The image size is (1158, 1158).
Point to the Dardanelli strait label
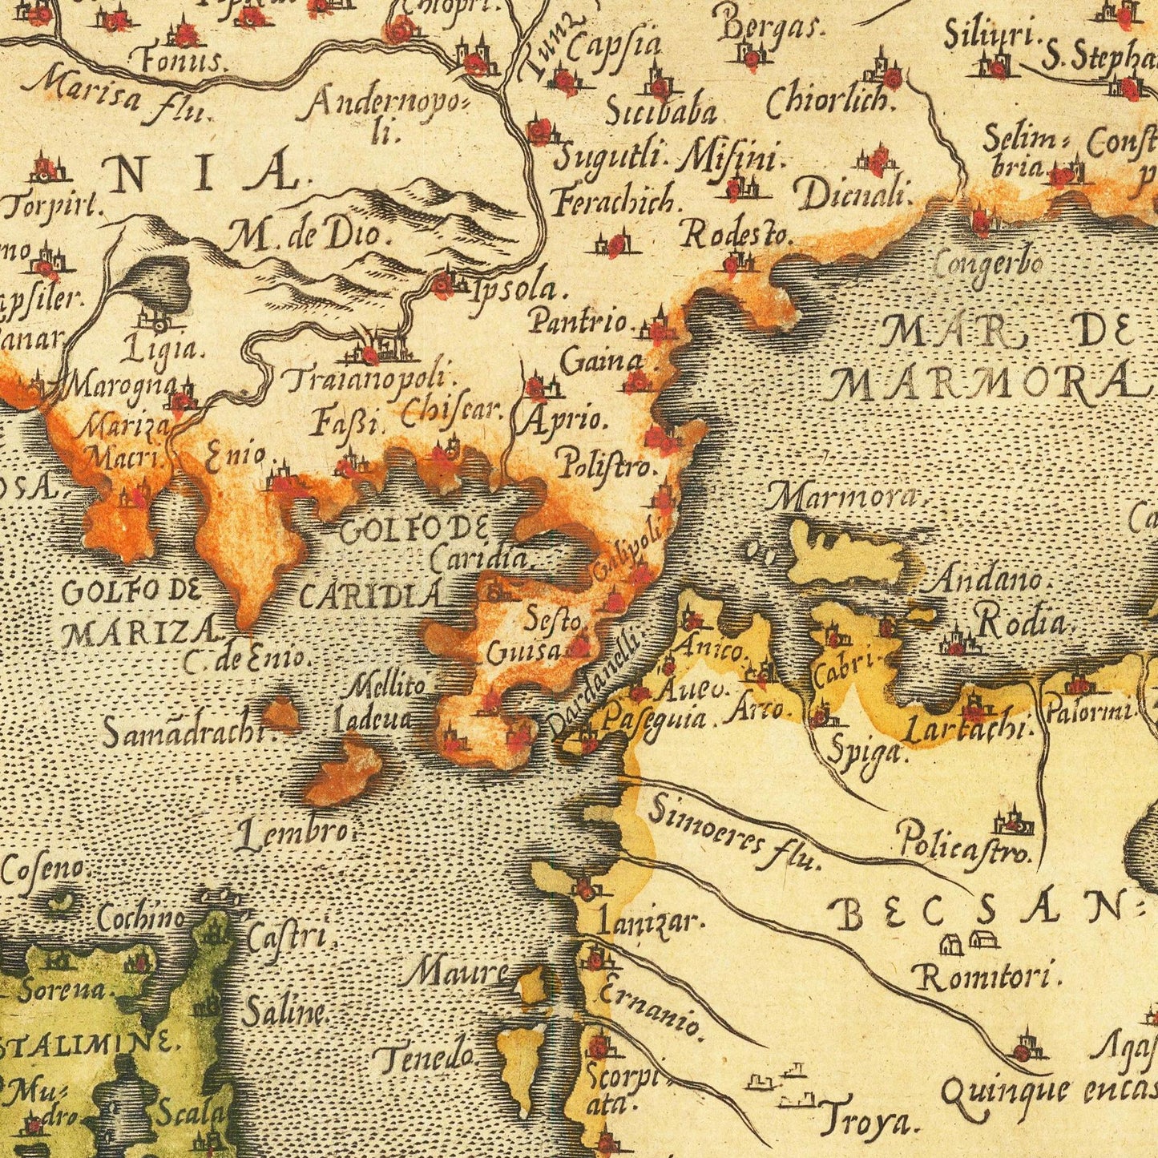click(x=597, y=682)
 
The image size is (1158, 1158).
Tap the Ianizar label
click(x=651, y=922)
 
